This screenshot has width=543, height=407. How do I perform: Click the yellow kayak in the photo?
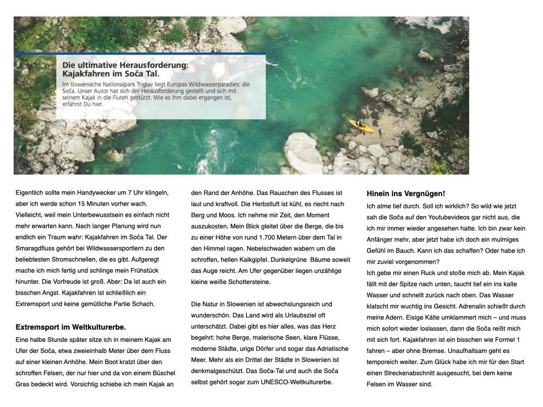(x=361, y=126)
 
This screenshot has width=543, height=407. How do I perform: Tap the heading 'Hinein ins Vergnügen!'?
(x=406, y=193)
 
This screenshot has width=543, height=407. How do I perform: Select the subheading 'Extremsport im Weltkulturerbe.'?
(x=71, y=327)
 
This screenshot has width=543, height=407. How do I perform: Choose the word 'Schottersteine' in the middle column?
(x=247, y=281)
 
